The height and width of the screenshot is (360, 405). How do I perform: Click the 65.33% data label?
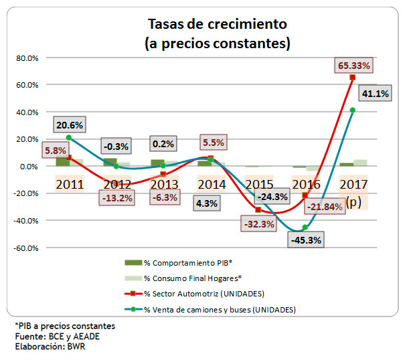(x=355, y=66)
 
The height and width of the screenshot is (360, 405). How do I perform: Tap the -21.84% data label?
(x=325, y=207)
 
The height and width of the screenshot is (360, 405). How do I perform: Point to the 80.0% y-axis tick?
(x=27, y=58)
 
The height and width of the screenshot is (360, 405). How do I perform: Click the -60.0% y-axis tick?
(x=26, y=248)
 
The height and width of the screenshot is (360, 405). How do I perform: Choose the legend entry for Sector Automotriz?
(x=204, y=293)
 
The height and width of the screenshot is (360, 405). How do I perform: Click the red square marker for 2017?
(x=352, y=78)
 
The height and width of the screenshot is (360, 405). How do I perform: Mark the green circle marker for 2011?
(x=68, y=138)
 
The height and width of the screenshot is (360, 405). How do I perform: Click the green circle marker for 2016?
(x=305, y=228)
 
